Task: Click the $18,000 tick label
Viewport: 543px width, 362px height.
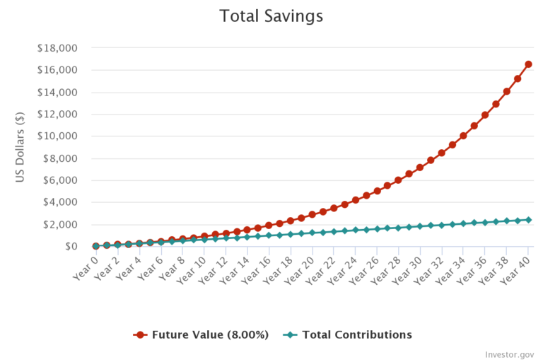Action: coord(58,48)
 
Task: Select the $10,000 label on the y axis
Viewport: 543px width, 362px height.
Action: coord(58,136)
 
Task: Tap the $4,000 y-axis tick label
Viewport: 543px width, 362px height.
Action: coord(61,202)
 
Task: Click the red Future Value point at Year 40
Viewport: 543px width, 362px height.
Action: coord(528,64)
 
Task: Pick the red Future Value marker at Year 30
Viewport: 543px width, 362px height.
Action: coord(420,168)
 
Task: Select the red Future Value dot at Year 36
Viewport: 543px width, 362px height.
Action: coord(485,115)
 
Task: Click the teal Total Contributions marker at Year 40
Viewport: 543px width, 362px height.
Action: coord(528,220)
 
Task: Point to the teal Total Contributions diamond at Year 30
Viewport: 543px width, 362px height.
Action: coord(420,226)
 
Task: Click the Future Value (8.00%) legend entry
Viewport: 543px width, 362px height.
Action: coord(201,334)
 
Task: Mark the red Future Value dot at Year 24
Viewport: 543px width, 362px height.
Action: coord(356,200)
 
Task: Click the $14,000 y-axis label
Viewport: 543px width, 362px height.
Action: coord(58,93)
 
